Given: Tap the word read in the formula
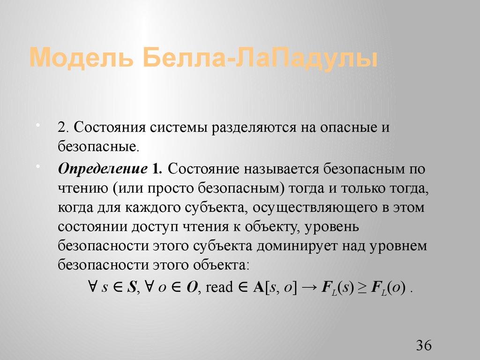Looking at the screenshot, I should (219, 287).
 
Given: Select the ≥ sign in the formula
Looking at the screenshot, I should (362, 286).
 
